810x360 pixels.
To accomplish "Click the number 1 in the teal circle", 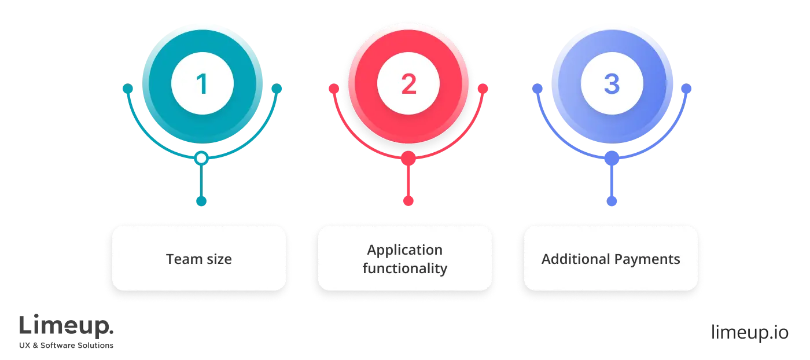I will [x=202, y=85].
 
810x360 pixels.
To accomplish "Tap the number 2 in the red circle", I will [x=408, y=85].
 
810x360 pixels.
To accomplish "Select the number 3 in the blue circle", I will [x=612, y=85].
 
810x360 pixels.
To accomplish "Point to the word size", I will [x=219, y=259].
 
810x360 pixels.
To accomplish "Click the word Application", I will [x=405, y=250].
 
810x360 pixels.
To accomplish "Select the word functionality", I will [x=405, y=269].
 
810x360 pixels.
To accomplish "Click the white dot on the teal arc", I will [x=201, y=158].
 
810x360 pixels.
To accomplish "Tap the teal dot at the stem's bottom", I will [x=201, y=201].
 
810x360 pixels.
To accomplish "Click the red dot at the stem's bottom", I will [x=408, y=201].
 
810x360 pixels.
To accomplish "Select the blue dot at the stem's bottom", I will [x=612, y=201].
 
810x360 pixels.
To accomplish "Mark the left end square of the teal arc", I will [x=128, y=89].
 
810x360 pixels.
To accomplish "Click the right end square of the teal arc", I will [x=277, y=89].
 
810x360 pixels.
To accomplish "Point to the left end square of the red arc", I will [x=334, y=89].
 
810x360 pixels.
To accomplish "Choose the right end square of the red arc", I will [x=484, y=89].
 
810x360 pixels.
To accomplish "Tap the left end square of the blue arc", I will [x=537, y=89].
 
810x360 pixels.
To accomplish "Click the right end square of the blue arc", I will [x=687, y=89].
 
